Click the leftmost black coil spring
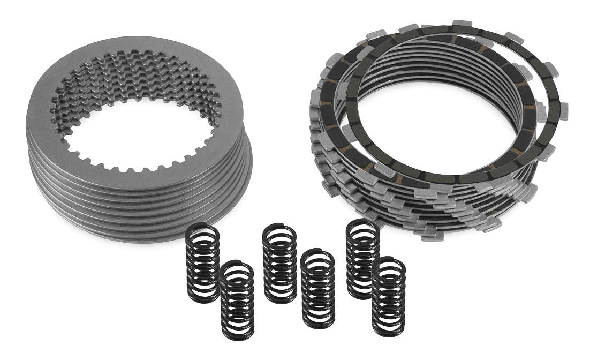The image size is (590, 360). (202, 262)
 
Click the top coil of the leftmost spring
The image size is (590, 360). (202, 229)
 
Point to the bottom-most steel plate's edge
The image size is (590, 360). (161, 236)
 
